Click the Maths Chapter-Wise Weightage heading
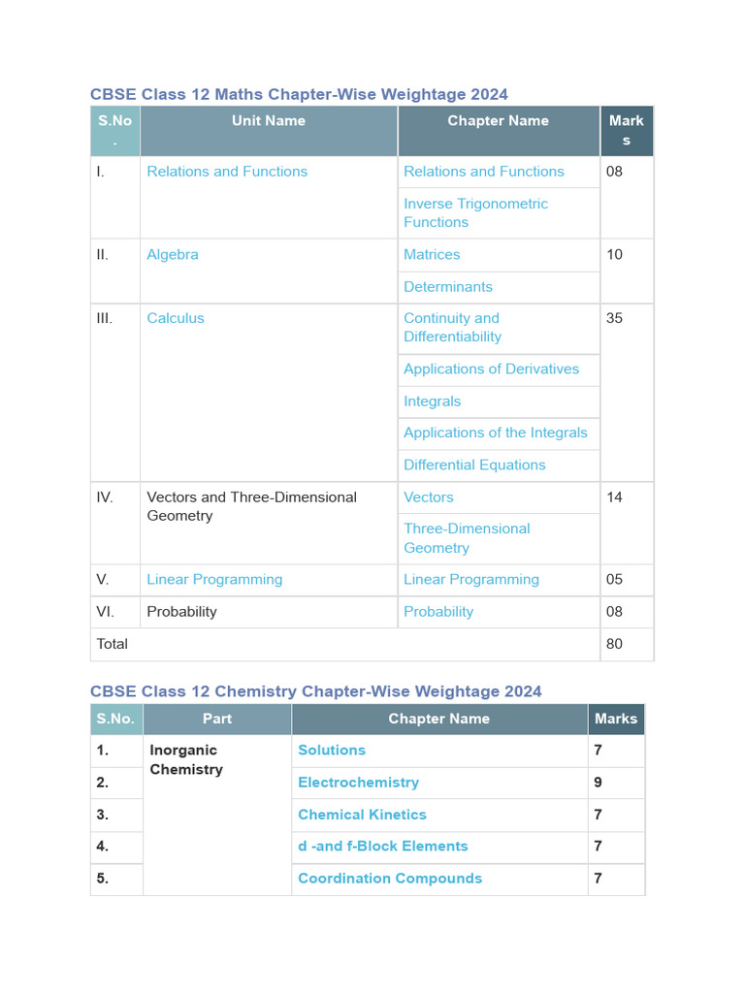coord(299,94)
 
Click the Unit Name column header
coord(268,121)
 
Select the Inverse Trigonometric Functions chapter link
coord(475,212)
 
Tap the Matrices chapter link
coord(432,254)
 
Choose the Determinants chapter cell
coord(448,287)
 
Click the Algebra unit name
coord(173,254)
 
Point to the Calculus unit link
coord(176,318)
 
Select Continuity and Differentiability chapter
coord(452,328)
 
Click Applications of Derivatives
coord(491,369)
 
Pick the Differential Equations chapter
coord(474,465)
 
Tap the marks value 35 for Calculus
coord(614,318)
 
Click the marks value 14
coord(614,497)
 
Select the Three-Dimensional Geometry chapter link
coord(467,538)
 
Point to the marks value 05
coord(614,580)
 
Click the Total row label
coord(113,644)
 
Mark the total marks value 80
coord(614,644)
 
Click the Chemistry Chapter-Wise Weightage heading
coord(316,691)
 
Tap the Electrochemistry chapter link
coord(359,783)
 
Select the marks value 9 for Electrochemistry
coord(599,783)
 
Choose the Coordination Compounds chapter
coord(390,879)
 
